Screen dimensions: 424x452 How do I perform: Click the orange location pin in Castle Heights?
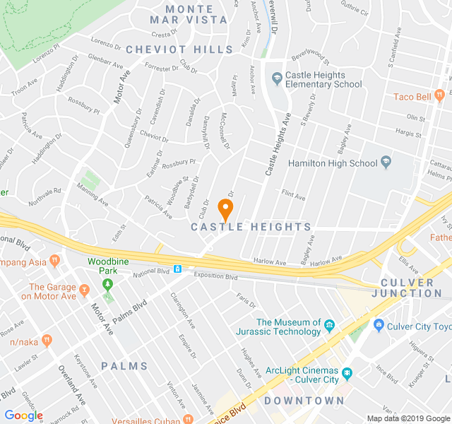(225, 209)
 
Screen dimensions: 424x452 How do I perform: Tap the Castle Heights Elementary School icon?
(276, 76)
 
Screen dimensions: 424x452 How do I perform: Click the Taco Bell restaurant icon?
(439, 94)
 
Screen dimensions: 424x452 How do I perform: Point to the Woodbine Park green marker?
(107, 285)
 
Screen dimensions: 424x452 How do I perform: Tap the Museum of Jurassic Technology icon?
(329, 326)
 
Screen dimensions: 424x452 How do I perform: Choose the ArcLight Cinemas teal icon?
(347, 372)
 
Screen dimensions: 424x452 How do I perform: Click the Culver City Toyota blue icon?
(379, 326)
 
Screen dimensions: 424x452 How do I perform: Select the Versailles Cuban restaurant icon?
(188, 418)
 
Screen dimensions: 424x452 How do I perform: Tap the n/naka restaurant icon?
(47, 341)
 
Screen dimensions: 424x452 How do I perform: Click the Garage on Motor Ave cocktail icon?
(84, 288)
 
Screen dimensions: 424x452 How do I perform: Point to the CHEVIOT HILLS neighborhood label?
(179, 49)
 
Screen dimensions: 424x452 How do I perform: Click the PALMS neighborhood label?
(124, 366)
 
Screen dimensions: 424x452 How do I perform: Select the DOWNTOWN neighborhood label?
(304, 401)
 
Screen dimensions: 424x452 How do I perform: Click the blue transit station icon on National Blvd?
(178, 269)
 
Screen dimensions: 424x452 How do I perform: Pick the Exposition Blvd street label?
(215, 276)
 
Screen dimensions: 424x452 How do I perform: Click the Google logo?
(23, 416)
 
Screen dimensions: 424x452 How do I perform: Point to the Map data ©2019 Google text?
(408, 418)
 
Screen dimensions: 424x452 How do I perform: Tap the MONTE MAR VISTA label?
(189, 14)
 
